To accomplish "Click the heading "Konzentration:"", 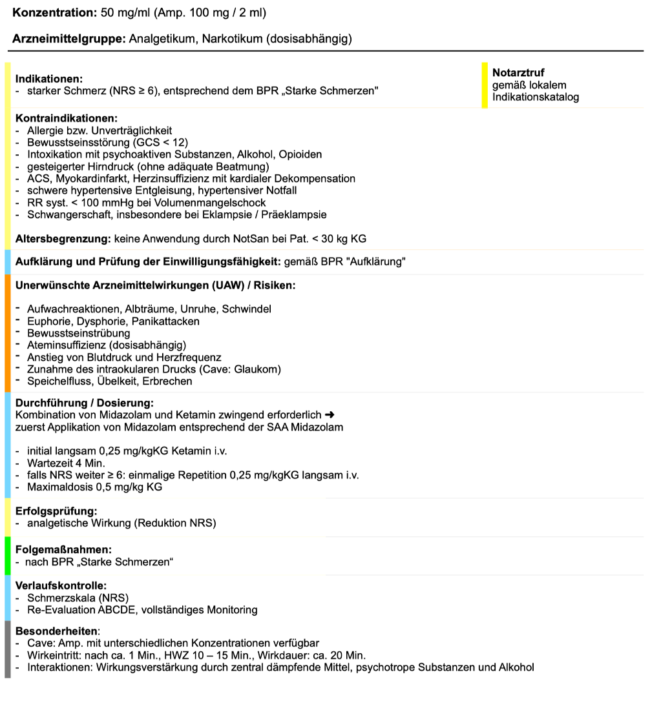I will click(x=54, y=13).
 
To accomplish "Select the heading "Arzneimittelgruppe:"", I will click(x=68, y=39).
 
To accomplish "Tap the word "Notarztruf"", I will click(x=518, y=73).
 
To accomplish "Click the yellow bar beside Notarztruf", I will click(x=485, y=85).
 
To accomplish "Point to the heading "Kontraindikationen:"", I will click(x=66, y=119).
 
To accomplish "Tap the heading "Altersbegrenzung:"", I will click(x=63, y=239).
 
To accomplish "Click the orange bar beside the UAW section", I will click(x=8, y=333).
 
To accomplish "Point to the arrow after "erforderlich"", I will click(x=328, y=415).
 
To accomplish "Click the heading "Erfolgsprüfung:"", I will click(x=56, y=511).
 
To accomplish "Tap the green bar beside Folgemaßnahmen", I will click(x=8, y=556).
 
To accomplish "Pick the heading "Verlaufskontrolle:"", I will click(x=61, y=586).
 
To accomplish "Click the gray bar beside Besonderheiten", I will click(x=8, y=649).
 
